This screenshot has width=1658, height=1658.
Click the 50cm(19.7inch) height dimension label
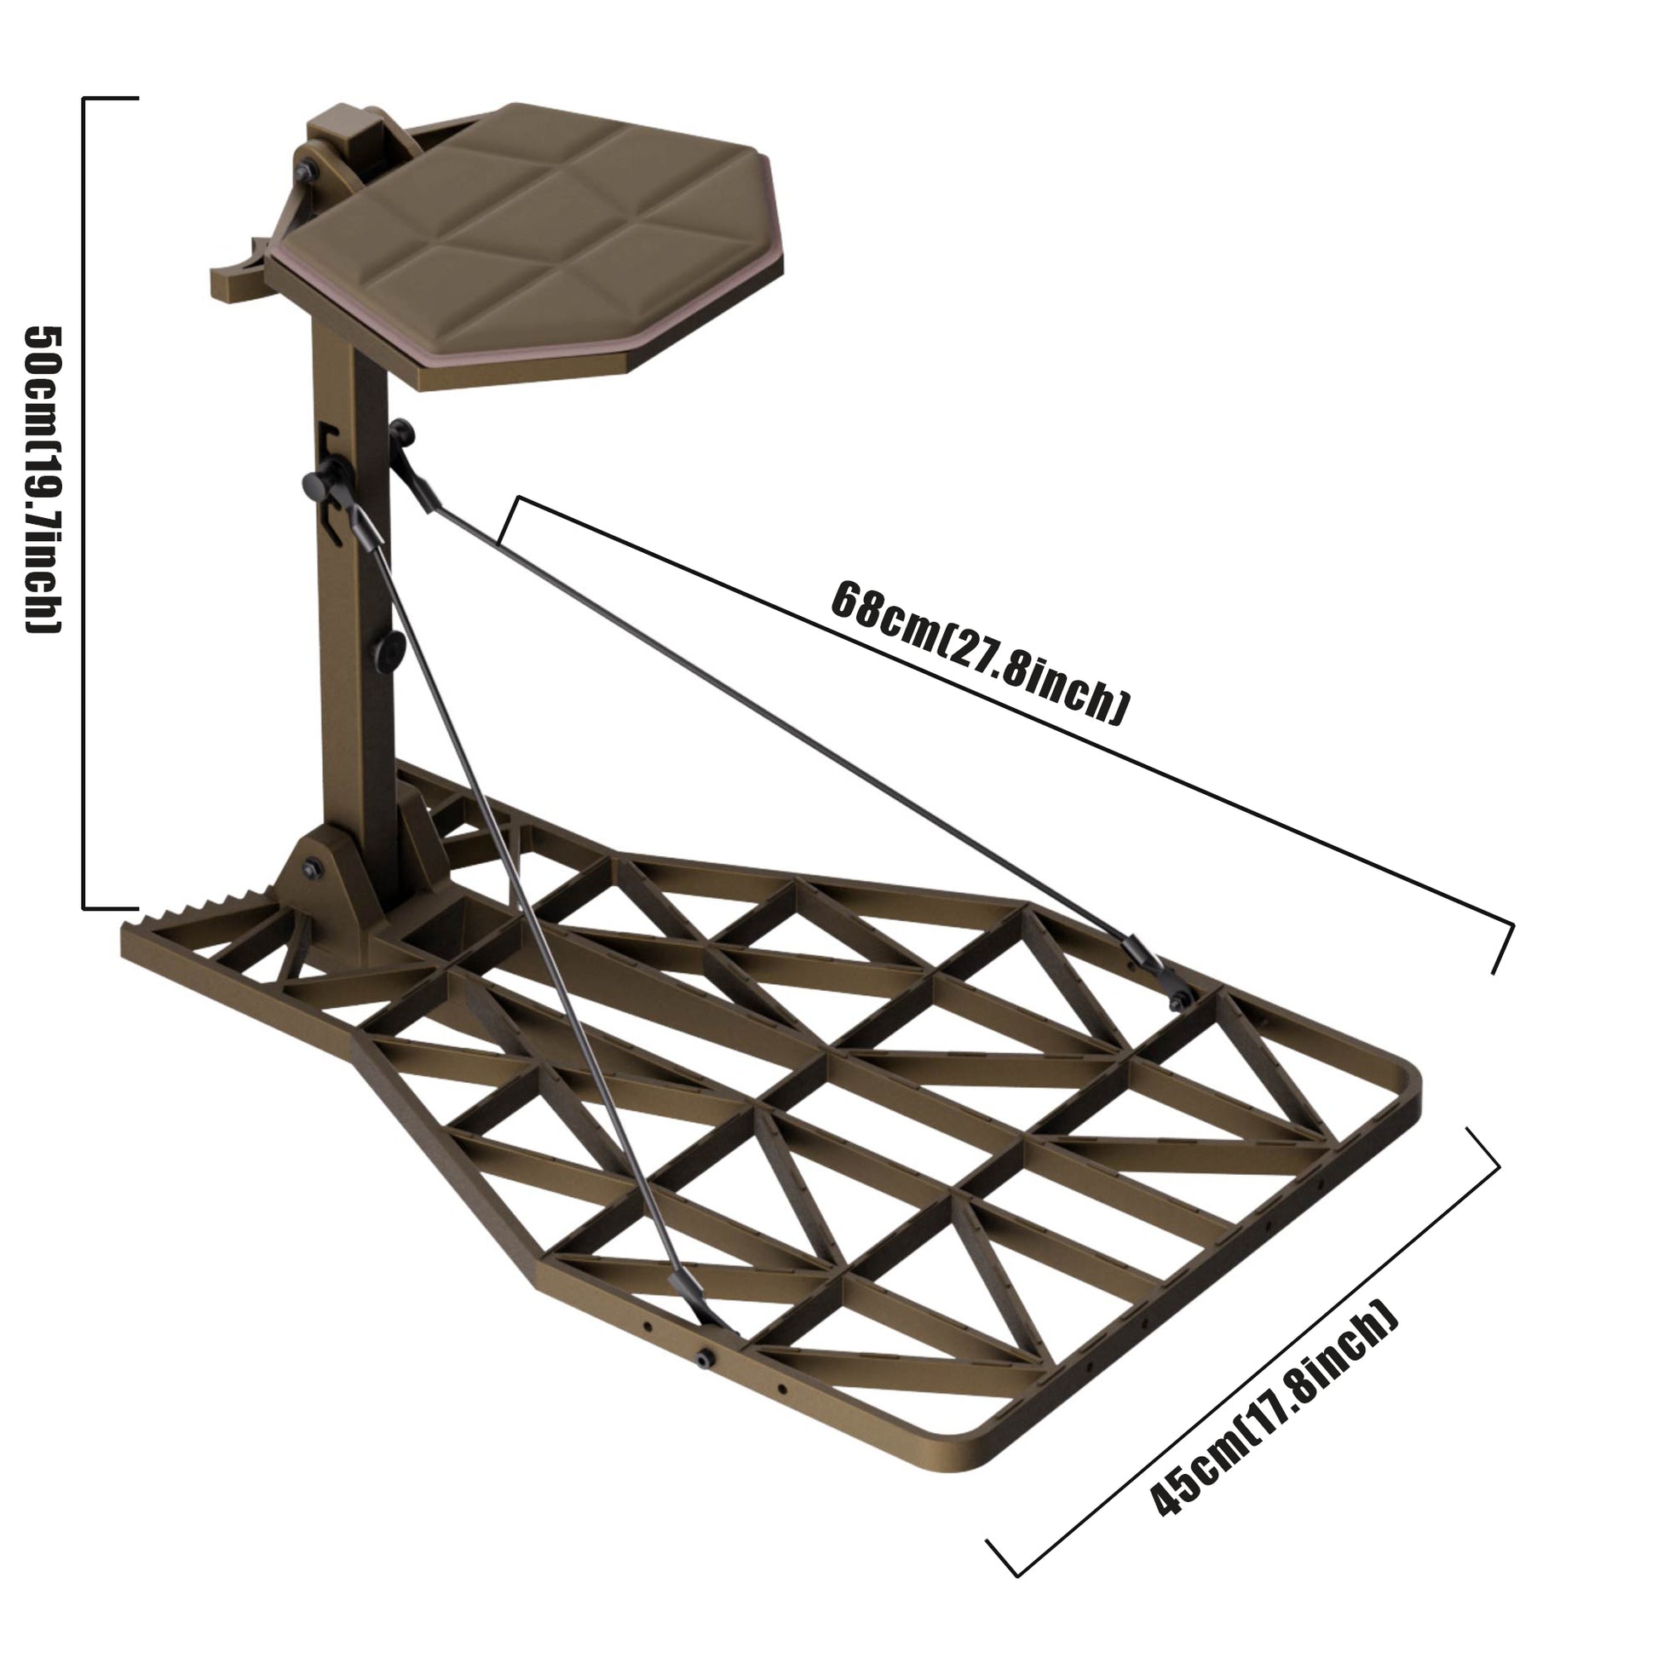tap(42, 480)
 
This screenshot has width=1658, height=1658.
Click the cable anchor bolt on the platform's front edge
tap(705, 1357)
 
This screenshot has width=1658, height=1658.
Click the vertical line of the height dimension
tap(83, 503)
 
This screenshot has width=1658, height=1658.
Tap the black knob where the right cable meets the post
tap(401, 433)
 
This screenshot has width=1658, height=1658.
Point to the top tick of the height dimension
tap(111, 99)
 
